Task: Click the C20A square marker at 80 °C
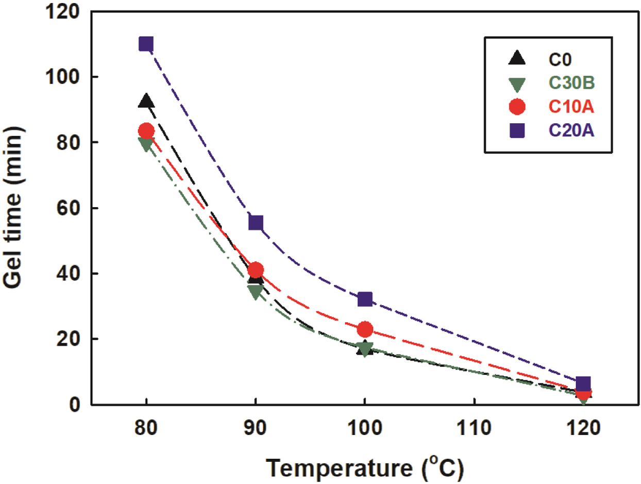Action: [146, 44]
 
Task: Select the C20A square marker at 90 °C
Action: [256, 223]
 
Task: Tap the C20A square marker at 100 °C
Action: [365, 299]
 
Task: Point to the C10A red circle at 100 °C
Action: [365, 329]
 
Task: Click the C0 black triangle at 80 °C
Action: [146, 101]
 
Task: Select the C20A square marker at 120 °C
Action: [583, 384]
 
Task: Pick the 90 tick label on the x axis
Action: [256, 429]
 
